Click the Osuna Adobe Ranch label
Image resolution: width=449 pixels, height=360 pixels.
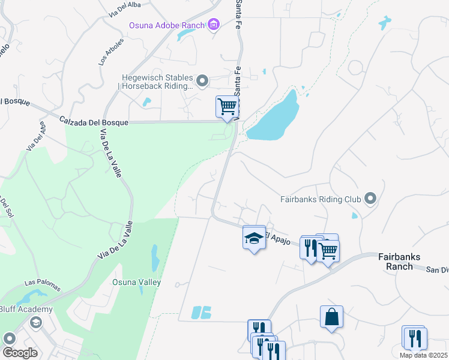[x=166, y=25]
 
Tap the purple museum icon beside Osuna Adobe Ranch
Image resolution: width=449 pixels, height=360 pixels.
[x=213, y=24]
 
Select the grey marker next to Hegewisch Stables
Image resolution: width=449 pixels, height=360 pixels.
[x=203, y=80]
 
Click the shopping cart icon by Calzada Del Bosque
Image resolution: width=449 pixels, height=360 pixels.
[x=228, y=107]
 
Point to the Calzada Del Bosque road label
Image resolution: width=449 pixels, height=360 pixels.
[x=94, y=122]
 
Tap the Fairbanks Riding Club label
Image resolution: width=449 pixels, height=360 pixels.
[x=320, y=199]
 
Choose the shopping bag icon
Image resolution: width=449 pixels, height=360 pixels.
[x=331, y=316]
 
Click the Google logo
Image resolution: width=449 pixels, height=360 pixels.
[x=20, y=353]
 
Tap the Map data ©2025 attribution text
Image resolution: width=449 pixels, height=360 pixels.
[x=423, y=355]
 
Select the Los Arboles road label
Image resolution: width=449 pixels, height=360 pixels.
[x=110, y=53]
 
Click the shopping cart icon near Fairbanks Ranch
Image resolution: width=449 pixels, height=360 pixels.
[x=328, y=250]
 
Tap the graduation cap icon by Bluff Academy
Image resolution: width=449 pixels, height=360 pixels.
[x=36, y=322]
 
